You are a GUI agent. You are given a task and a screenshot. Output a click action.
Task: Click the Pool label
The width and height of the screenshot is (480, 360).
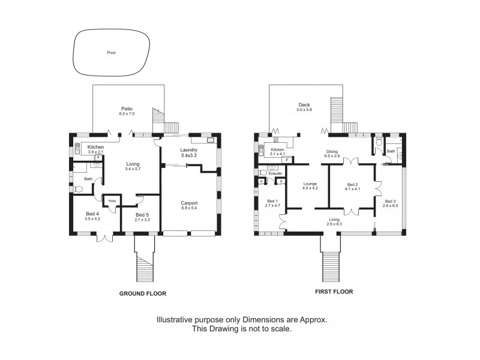pos(111,53)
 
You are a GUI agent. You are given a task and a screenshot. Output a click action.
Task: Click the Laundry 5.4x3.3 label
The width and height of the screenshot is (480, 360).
pos(188,152)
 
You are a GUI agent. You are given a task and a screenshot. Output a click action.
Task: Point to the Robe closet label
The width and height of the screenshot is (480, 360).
pos(112,201)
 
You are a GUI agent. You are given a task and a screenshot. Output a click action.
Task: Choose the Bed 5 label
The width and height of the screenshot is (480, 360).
pos(142,217)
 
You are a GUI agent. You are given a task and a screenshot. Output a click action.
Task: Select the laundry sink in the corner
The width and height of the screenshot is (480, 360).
pos(210,140)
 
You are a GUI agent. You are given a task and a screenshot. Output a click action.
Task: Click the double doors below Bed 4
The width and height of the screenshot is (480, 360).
pos(105,238)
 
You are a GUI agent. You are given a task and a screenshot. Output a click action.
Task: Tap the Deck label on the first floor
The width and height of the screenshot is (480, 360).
pos(304,107)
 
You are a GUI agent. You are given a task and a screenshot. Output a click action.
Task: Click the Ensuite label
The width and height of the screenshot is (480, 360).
pos(275,173)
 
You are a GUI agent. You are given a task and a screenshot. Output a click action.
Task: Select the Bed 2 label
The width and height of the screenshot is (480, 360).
pos(352,187)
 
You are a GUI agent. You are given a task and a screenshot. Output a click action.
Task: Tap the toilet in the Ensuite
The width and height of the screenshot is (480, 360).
pos(262,173)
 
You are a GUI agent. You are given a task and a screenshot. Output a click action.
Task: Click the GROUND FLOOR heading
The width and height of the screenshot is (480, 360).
pos(142,293)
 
